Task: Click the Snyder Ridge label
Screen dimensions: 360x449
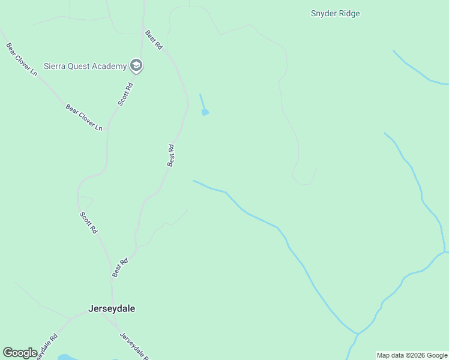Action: click(x=335, y=13)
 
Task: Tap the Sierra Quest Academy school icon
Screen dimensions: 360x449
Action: click(x=136, y=66)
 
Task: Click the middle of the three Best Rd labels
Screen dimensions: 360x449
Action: click(x=171, y=155)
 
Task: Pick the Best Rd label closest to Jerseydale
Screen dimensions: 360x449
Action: click(x=120, y=268)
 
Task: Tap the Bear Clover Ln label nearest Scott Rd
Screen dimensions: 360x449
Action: click(x=84, y=118)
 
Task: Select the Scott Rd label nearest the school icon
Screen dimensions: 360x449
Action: click(x=125, y=94)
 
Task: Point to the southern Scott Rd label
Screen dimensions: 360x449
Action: click(x=88, y=222)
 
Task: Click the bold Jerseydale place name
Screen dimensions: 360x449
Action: click(x=112, y=309)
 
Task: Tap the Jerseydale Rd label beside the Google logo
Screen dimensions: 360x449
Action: click(x=46, y=347)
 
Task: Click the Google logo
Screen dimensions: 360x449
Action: click(x=20, y=353)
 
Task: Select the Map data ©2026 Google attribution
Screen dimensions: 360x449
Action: click(x=412, y=355)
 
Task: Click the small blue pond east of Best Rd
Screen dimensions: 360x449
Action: click(x=205, y=112)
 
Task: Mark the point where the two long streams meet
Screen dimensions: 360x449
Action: click(x=357, y=333)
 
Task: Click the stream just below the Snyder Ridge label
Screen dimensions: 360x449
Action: click(x=414, y=69)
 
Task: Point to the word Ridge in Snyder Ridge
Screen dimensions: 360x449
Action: click(x=349, y=13)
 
